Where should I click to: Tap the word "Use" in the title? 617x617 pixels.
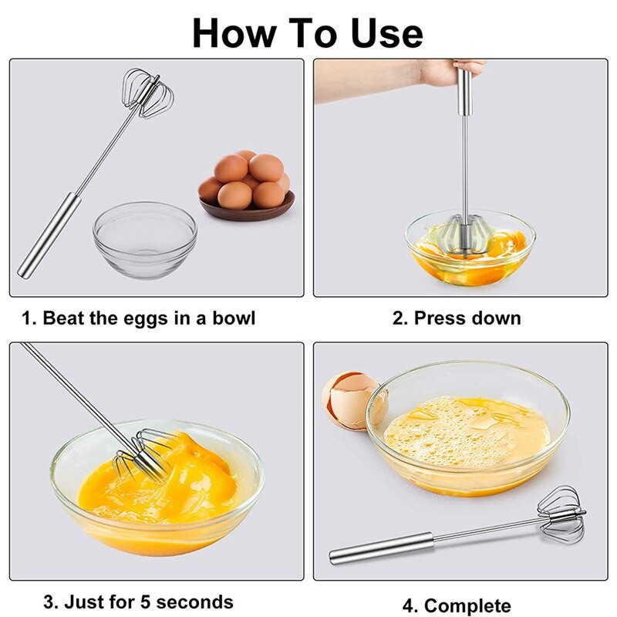(x=386, y=33)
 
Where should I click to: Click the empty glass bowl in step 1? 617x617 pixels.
(x=145, y=239)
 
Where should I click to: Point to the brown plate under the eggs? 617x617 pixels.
(x=247, y=207)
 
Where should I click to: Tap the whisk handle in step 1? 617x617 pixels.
(x=49, y=235)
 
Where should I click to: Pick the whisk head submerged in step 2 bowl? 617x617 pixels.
(x=464, y=235)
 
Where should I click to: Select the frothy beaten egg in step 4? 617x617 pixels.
(x=467, y=432)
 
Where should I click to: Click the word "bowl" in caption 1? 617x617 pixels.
(x=234, y=318)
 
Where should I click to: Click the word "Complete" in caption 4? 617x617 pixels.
(x=467, y=606)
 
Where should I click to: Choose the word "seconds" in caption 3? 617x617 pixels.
(x=194, y=602)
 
